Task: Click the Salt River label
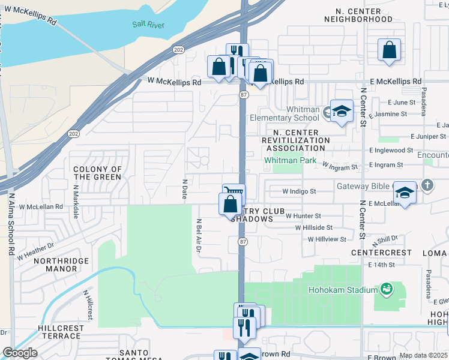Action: tap(148, 25)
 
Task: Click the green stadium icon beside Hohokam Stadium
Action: tap(386, 290)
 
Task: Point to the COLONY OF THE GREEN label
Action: tap(98, 173)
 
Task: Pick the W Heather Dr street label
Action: tap(35, 251)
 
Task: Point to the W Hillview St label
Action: tap(327, 239)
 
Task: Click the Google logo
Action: tap(20, 353)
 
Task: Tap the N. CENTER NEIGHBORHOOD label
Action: tap(361, 15)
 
